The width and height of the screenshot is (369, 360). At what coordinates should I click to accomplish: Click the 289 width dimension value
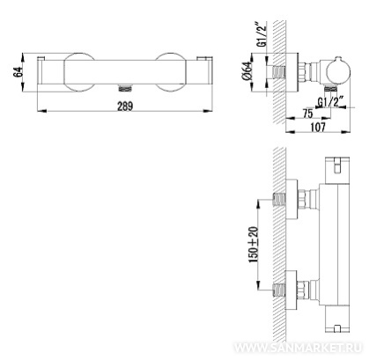125,106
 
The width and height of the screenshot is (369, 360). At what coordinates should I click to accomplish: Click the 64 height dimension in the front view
18,72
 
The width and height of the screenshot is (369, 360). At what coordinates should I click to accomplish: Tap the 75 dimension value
308,114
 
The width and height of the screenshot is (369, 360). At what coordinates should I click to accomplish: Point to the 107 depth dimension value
318,127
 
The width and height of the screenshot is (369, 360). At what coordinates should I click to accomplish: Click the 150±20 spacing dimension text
254,245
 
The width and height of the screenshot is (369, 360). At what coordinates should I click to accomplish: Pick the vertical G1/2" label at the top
262,34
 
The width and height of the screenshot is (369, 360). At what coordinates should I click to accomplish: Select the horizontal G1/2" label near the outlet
331,102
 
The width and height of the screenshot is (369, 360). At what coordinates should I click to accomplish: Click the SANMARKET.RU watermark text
299,348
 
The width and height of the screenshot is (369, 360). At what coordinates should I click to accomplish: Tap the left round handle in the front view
79,72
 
